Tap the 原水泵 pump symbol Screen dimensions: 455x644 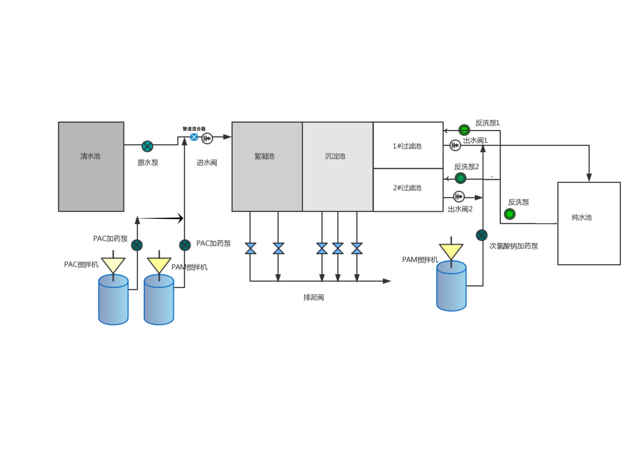pos(147,146)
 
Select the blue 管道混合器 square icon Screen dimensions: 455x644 pos(194,137)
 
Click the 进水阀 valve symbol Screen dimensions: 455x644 pos(207,138)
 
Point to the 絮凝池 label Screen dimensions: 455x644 pos(264,156)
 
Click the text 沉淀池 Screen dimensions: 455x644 pos(335,156)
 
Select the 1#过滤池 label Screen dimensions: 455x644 pos(407,146)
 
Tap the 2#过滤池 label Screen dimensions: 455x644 pos(407,188)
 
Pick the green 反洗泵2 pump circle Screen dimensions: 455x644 pos(460,178)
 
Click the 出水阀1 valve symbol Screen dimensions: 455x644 pos(455,145)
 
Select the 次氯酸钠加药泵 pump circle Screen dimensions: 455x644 pos(482,235)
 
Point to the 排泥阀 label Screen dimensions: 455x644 pos(314,297)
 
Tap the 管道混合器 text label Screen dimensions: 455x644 pos(194,129)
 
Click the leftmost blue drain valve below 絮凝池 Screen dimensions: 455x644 pos(250,248)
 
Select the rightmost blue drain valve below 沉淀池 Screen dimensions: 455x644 pos(357,248)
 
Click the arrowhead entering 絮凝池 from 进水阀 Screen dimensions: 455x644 pos(227,137)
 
